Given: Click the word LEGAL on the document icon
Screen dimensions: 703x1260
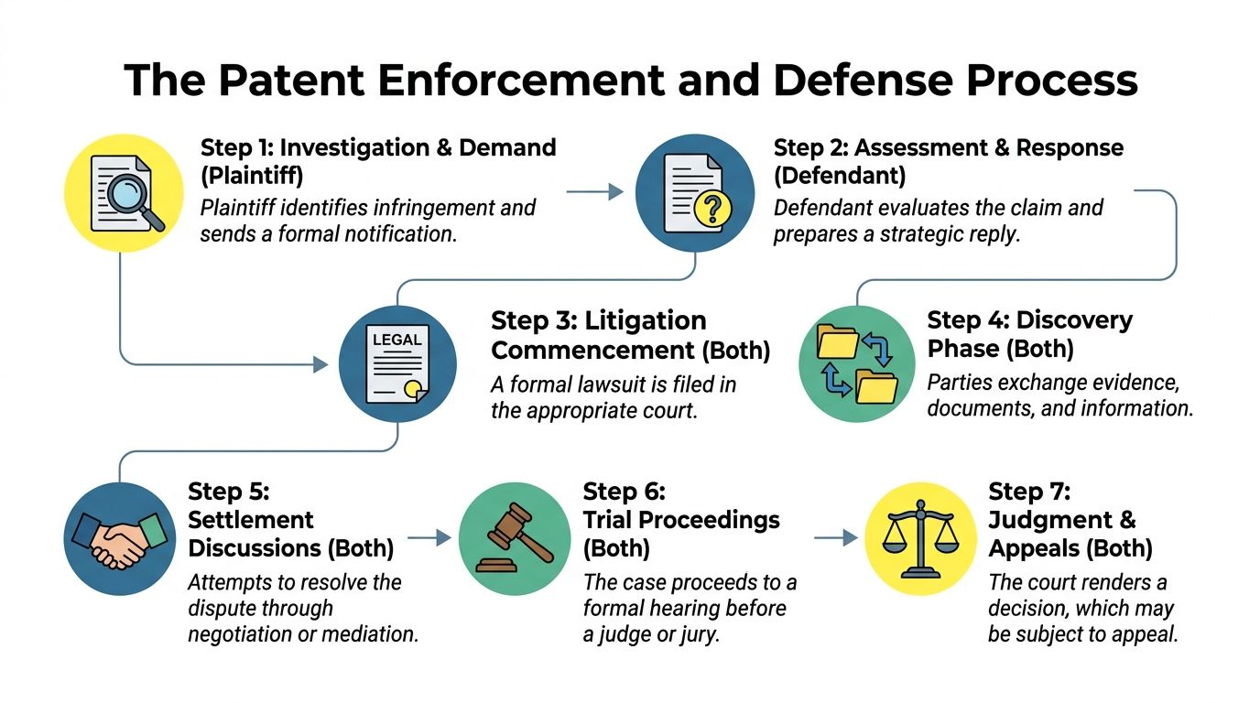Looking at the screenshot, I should click(396, 340).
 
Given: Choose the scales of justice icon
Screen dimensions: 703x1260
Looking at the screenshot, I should click(922, 540).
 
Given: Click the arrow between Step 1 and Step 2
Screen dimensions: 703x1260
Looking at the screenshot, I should click(595, 191).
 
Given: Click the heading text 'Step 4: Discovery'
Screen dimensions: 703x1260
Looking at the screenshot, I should click(1029, 320).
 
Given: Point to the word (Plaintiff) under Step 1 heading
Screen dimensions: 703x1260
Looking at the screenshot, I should click(252, 176).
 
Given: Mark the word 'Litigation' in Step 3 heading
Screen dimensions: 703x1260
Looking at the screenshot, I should click(646, 320).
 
